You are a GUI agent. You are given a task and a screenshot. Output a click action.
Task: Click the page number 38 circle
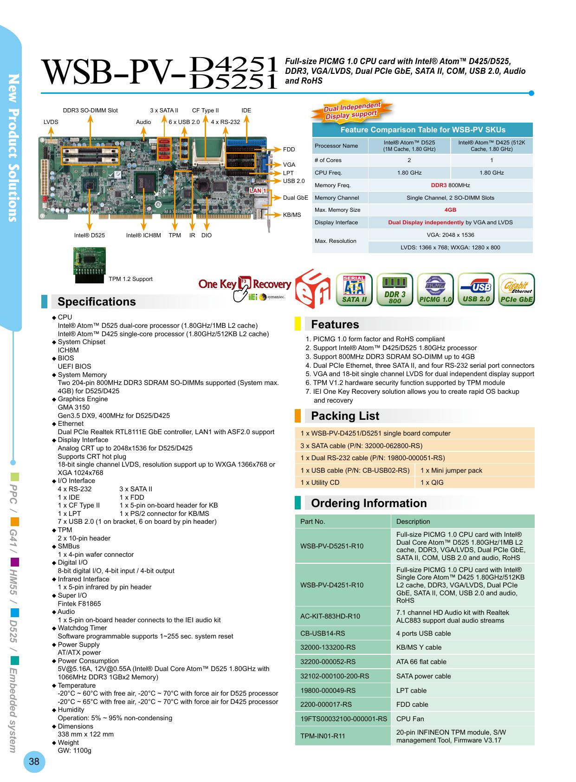[x=34, y=762]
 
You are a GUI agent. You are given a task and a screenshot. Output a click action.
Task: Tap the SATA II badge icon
[x=354, y=289]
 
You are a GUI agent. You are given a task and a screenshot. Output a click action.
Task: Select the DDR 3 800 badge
[x=395, y=289]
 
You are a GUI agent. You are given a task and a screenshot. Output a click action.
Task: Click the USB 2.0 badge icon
[x=476, y=289]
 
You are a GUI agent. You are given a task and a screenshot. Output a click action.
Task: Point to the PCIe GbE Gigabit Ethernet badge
[x=516, y=289]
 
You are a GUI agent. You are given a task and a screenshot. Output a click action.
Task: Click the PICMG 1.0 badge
[x=435, y=289]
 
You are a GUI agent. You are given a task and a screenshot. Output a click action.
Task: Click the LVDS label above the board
[x=51, y=122]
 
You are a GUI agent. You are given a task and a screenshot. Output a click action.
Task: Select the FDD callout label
[x=289, y=150]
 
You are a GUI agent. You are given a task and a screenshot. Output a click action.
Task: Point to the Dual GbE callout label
[x=296, y=198]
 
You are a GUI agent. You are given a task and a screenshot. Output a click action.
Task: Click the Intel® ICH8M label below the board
[x=143, y=235]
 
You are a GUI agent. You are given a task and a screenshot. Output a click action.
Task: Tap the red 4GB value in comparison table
[x=450, y=210]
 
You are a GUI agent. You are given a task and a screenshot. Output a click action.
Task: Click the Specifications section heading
[x=97, y=302]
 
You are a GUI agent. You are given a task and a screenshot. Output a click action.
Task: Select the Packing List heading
[x=345, y=416]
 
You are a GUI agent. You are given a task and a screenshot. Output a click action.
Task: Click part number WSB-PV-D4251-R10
[x=332, y=585]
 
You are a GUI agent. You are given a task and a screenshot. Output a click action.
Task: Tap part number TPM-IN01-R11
[x=323, y=736]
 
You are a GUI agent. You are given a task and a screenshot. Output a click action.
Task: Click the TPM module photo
[x=89, y=265]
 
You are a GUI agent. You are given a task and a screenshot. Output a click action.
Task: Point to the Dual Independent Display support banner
[x=352, y=110]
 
